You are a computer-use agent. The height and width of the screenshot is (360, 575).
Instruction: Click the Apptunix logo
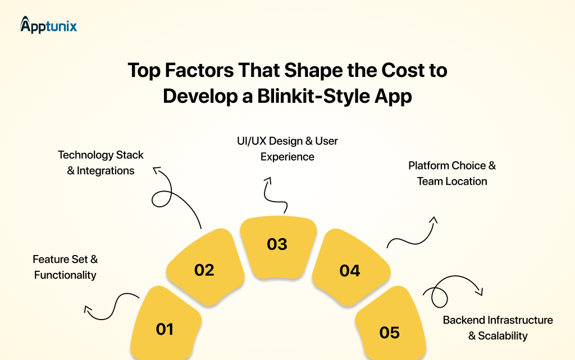click(48, 25)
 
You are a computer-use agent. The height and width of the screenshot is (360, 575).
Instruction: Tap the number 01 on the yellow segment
click(165, 329)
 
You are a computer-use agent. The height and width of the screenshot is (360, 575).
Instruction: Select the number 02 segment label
click(204, 270)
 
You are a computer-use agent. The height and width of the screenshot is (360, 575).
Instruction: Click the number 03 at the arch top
click(277, 244)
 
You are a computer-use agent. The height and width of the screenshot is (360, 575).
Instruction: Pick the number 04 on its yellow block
click(350, 271)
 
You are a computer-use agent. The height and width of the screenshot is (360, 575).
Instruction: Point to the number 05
click(389, 332)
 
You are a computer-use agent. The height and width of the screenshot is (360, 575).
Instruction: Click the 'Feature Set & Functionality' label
click(65, 267)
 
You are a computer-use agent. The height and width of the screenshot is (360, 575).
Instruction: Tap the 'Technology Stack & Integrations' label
click(101, 162)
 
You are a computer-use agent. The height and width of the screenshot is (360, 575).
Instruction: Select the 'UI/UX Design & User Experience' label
click(287, 148)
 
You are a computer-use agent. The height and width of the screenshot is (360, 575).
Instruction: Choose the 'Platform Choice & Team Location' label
click(452, 174)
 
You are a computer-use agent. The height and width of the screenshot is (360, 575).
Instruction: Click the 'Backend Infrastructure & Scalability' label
click(498, 328)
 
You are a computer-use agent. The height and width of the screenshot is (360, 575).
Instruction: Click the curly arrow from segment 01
click(112, 307)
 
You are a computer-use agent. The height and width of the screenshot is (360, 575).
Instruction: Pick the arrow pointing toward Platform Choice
click(413, 233)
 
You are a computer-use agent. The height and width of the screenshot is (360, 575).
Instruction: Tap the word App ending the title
click(393, 96)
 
